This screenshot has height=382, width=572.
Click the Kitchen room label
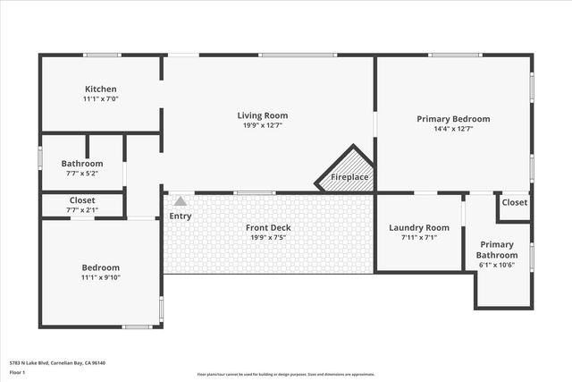[101, 89]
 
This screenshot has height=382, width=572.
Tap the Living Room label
[262, 115]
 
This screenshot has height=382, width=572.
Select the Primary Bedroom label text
[453, 118]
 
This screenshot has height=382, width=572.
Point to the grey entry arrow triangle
[181, 201]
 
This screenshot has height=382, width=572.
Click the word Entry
[180, 216]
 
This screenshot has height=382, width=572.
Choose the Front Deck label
[268, 227]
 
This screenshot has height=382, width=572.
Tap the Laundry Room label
[418, 227]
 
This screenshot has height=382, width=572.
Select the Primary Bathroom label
[498, 250]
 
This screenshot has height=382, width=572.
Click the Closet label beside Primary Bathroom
[514, 202]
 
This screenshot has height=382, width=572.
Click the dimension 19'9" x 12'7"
[262, 126]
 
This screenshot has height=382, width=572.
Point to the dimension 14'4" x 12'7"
[453, 129]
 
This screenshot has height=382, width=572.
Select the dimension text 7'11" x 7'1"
[418, 238]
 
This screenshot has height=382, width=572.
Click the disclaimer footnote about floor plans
[286, 374]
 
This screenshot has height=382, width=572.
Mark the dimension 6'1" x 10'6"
[498, 266]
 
